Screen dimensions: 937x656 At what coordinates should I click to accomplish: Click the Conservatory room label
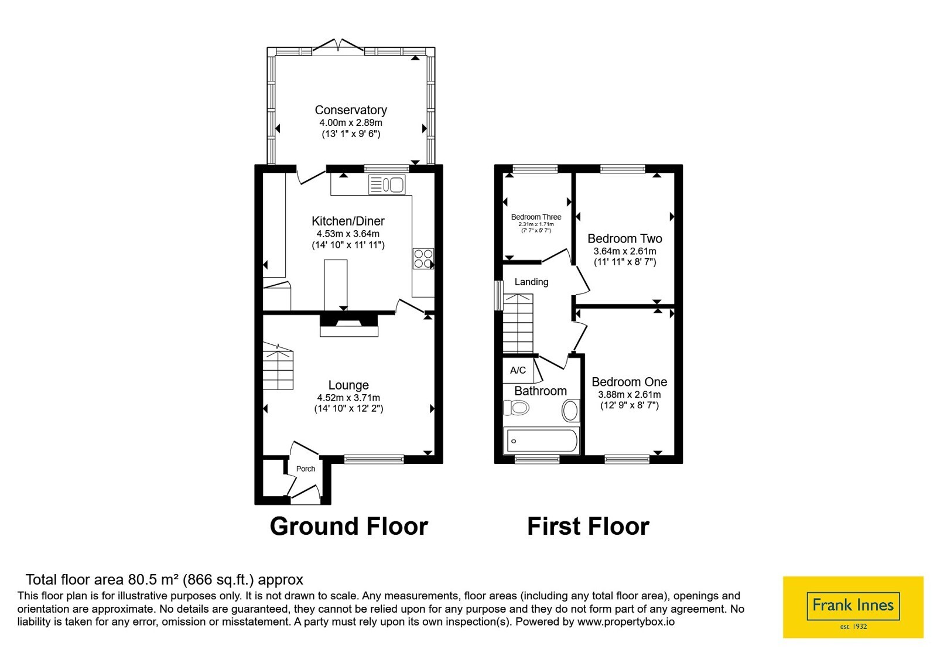(351, 110)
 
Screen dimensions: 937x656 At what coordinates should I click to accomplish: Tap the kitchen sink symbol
(387, 184)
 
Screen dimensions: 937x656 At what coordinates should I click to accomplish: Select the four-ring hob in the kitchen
(423, 258)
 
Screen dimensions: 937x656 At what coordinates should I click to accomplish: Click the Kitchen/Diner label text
(348, 221)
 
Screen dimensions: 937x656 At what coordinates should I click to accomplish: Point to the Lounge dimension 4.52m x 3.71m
(348, 398)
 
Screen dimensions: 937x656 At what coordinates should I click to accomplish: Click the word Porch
(305, 469)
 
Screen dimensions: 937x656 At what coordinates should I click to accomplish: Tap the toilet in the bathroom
(516, 408)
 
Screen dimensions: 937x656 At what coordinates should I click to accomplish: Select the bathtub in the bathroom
(542, 440)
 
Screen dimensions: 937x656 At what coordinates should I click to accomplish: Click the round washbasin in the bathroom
(570, 410)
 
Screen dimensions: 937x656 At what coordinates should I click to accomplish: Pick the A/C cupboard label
(518, 370)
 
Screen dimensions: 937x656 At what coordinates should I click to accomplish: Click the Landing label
(531, 282)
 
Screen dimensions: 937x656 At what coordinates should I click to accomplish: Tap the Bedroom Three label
(536, 217)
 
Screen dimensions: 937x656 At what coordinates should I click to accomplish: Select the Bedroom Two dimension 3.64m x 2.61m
(625, 251)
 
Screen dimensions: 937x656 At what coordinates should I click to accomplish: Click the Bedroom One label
(629, 381)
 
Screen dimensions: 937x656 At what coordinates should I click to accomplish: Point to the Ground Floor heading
(349, 526)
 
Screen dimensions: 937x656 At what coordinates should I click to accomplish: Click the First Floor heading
(588, 526)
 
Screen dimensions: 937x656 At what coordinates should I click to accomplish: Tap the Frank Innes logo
(853, 607)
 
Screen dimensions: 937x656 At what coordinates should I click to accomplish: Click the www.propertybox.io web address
(626, 621)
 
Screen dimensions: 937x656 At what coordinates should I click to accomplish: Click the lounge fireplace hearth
(349, 332)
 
